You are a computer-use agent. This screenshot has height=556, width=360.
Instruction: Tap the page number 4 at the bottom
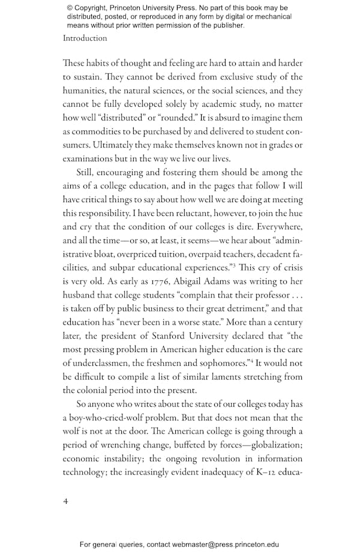(x=66, y=501)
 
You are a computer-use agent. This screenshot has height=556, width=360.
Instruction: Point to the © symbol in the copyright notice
(x=70, y=8)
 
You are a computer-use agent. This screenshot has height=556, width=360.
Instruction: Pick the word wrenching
(x=125, y=444)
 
